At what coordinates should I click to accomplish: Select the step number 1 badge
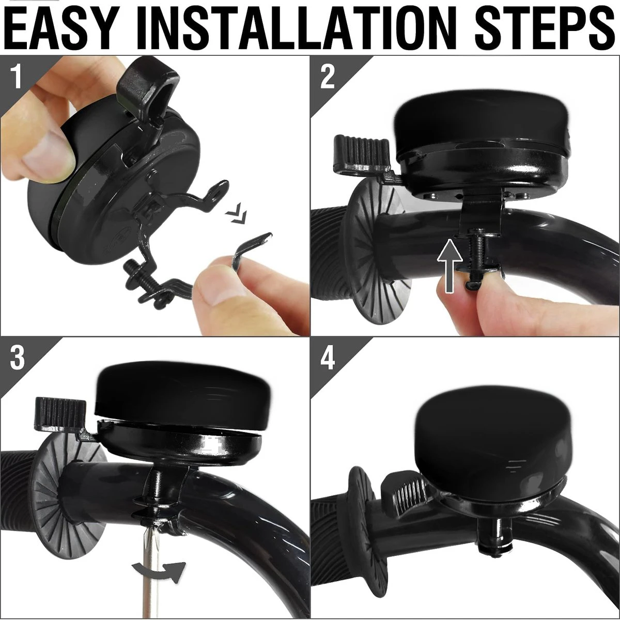pyautogui.click(x=16, y=76)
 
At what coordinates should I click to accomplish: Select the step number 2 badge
pyautogui.click(x=328, y=76)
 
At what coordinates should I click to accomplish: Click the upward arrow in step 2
pyautogui.click(x=450, y=266)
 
